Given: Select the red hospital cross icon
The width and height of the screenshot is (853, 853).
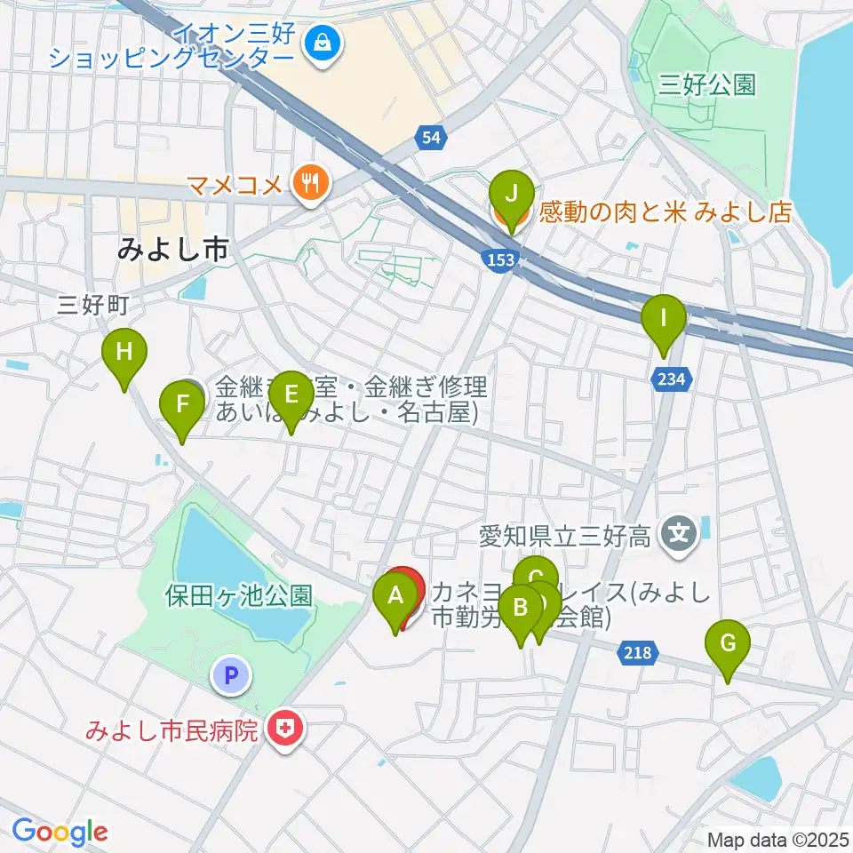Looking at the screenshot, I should [x=284, y=731].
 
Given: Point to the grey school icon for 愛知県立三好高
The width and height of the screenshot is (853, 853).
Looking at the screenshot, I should [x=680, y=535].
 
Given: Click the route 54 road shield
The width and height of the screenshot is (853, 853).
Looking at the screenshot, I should [x=430, y=137].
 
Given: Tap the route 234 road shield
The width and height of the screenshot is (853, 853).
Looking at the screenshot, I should [x=672, y=379].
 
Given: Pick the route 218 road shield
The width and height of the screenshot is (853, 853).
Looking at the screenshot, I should [x=638, y=653].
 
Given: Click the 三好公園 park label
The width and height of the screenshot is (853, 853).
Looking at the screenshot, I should [x=707, y=85].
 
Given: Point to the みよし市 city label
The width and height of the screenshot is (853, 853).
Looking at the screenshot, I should [x=173, y=251].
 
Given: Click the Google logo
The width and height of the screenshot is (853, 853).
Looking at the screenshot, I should [x=60, y=832].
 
